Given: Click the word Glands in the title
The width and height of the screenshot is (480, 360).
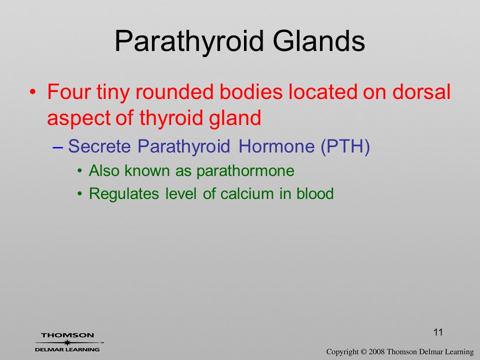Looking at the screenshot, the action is pyautogui.click(x=318, y=41).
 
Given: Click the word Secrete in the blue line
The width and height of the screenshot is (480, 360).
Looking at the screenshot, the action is pyautogui.click(x=99, y=146).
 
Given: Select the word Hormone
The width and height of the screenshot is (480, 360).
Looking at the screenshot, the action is pyautogui.click(x=276, y=146).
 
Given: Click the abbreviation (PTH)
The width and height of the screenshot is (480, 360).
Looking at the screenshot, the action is pyautogui.click(x=345, y=146).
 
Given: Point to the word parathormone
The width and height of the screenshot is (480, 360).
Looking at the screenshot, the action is pyautogui.click(x=245, y=171).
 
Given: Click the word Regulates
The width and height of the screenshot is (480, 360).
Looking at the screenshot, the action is pyautogui.click(x=123, y=194).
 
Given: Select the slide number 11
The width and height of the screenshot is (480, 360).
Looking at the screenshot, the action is pyautogui.click(x=438, y=332).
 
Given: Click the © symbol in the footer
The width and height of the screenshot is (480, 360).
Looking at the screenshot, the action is pyautogui.click(x=363, y=351).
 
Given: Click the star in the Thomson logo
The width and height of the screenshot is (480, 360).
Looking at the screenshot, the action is pyautogui.click(x=67, y=342).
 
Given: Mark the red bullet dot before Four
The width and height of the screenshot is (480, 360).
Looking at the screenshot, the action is pyautogui.click(x=33, y=92).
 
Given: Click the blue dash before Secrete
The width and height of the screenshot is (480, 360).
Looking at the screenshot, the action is pyautogui.click(x=57, y=147).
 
